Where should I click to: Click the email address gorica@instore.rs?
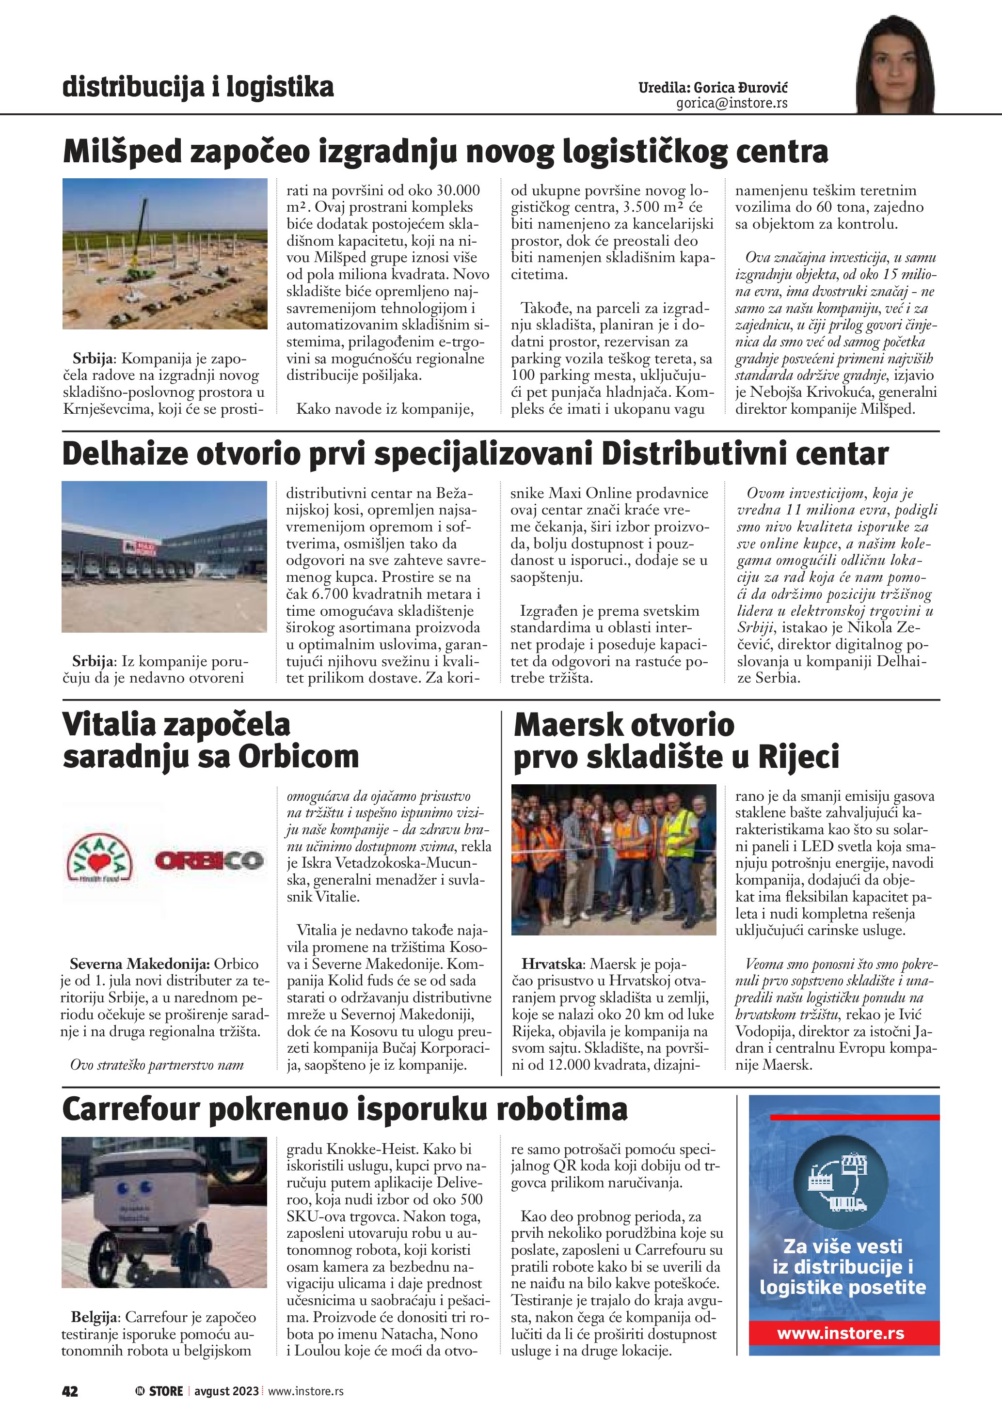point(732,103)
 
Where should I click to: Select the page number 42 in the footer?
point(70,1391)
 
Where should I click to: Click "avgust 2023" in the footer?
point(226,1391)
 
